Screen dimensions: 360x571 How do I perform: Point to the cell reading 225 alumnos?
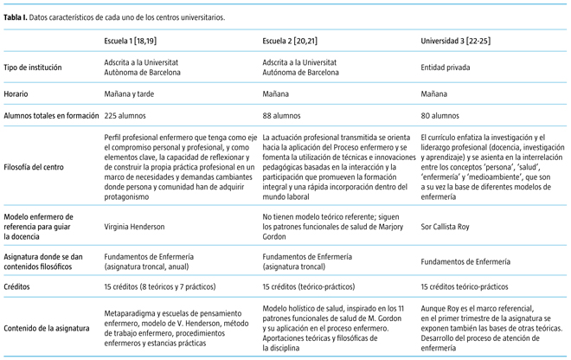coord(128,114)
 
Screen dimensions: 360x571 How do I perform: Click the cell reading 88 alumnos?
coord(284,114)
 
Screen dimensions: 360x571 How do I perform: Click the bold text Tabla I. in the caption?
coord(15,16)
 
